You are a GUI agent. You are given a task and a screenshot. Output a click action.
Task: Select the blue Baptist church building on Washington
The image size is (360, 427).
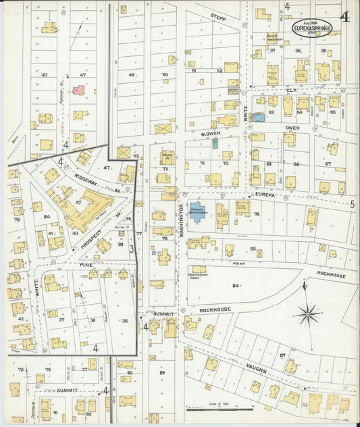tap(199, 211)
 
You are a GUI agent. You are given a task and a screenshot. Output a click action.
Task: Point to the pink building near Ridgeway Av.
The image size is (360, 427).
tap(78, 89)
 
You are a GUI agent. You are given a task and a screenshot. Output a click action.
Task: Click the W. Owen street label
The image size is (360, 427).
tap(211, 133)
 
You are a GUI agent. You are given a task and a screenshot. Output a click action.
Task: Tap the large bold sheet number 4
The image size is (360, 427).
tap(345, 16)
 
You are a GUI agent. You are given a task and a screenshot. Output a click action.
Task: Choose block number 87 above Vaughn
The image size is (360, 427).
tap(283, 355)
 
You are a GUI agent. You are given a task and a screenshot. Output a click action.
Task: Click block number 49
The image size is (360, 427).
tap(132, 75)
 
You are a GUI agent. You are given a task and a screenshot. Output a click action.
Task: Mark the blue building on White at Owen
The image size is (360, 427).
tap(257, 118)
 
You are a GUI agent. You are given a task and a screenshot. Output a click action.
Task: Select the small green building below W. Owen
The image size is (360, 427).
tap(215, 143)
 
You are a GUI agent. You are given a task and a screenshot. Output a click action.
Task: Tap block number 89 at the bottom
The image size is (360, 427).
tap(162, 373)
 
